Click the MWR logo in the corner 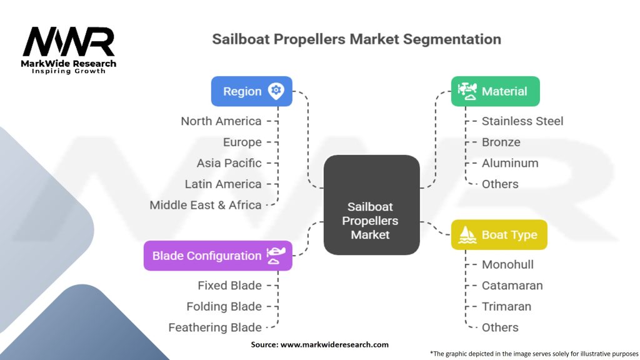tap(69, 50)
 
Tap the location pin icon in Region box tap(276, 91)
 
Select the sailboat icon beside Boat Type tap(467, 235)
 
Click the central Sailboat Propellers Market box tap(371, 205)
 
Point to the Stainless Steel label tap(522, 121)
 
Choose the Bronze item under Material tap(501, 142)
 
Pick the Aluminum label tap(510, 163)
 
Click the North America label tap(221, 121)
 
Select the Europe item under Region tap(242, 142)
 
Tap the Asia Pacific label tap(229, 163)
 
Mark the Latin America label tap(223, 184)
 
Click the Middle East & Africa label tap(205, 205)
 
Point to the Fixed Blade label tap(230, 285)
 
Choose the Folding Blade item tap(224, 306)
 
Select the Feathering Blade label tap(215, 327)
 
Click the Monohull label tap(507, 264)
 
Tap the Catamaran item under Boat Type tap(512, 285)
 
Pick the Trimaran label tap(506, 306)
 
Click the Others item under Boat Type tap(500, 327)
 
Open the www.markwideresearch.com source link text tap(335, 344)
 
